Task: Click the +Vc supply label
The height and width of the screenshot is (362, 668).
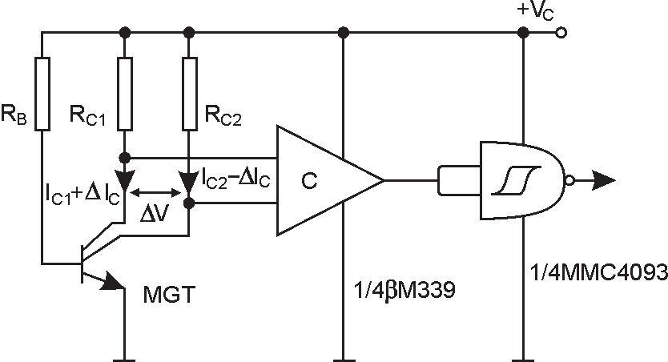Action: pos(535,11)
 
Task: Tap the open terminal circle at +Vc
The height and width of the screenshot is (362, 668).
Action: pos(561,33)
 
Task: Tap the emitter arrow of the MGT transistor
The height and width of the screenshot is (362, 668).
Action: pos(112,282)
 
